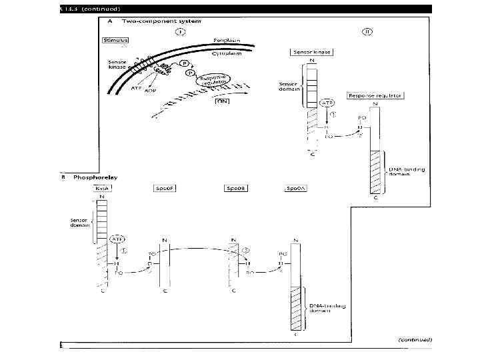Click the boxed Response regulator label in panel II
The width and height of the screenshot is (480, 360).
pos(375,95)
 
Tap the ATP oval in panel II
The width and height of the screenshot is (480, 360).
pos(327,103)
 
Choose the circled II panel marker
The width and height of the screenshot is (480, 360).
pos(367,31)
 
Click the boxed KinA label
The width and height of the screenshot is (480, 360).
pos(102,189)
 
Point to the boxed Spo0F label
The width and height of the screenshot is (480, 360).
pos(165,189)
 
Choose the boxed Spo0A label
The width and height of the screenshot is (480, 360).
pos(295,189)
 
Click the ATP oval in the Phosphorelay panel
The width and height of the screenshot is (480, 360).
pos(117,238)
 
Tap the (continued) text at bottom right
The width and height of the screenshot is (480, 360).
pos(415,339)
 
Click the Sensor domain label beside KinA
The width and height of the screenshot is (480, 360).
pos(81,222)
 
